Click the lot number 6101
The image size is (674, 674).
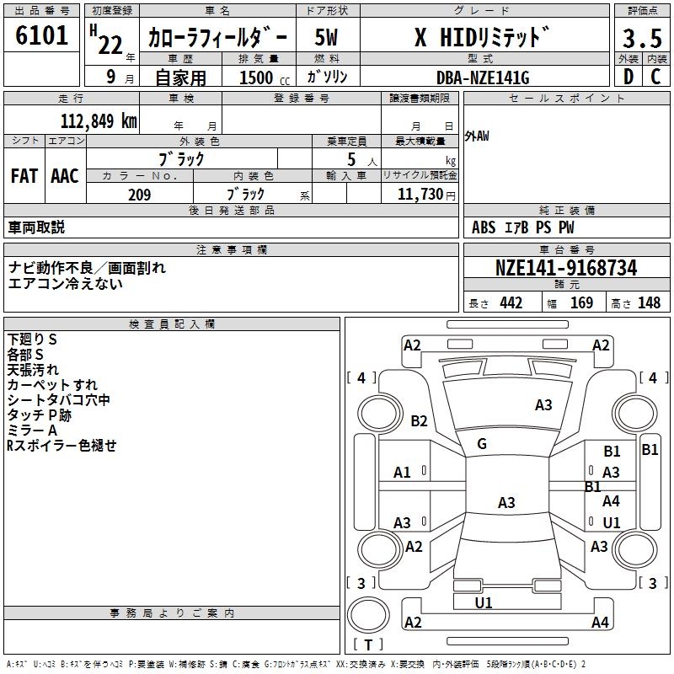pos(41,35)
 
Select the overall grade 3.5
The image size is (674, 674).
pos(642,38)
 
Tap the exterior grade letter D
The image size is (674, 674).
pos(629,77)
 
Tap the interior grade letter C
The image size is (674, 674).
pos(655,77)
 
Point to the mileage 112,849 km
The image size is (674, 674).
pos(99,121)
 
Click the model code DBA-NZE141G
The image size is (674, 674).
pos(483,78)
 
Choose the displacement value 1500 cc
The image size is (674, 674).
pos(265,78)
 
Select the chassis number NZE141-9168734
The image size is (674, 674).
pos(566,268)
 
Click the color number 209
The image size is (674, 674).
pos(139,195)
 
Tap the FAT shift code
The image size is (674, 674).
pos(24,176)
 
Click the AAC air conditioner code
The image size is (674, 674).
pos(65,176)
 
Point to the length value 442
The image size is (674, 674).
pos(511,302)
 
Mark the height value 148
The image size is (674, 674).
pos(649,302)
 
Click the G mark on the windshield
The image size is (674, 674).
pos(482,444)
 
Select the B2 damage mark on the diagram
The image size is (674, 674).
pos(419,420)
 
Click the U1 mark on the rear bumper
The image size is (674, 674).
pos(483,602)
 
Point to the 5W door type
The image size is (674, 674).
pos(326,37)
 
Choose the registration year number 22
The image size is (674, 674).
pos(110,45)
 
